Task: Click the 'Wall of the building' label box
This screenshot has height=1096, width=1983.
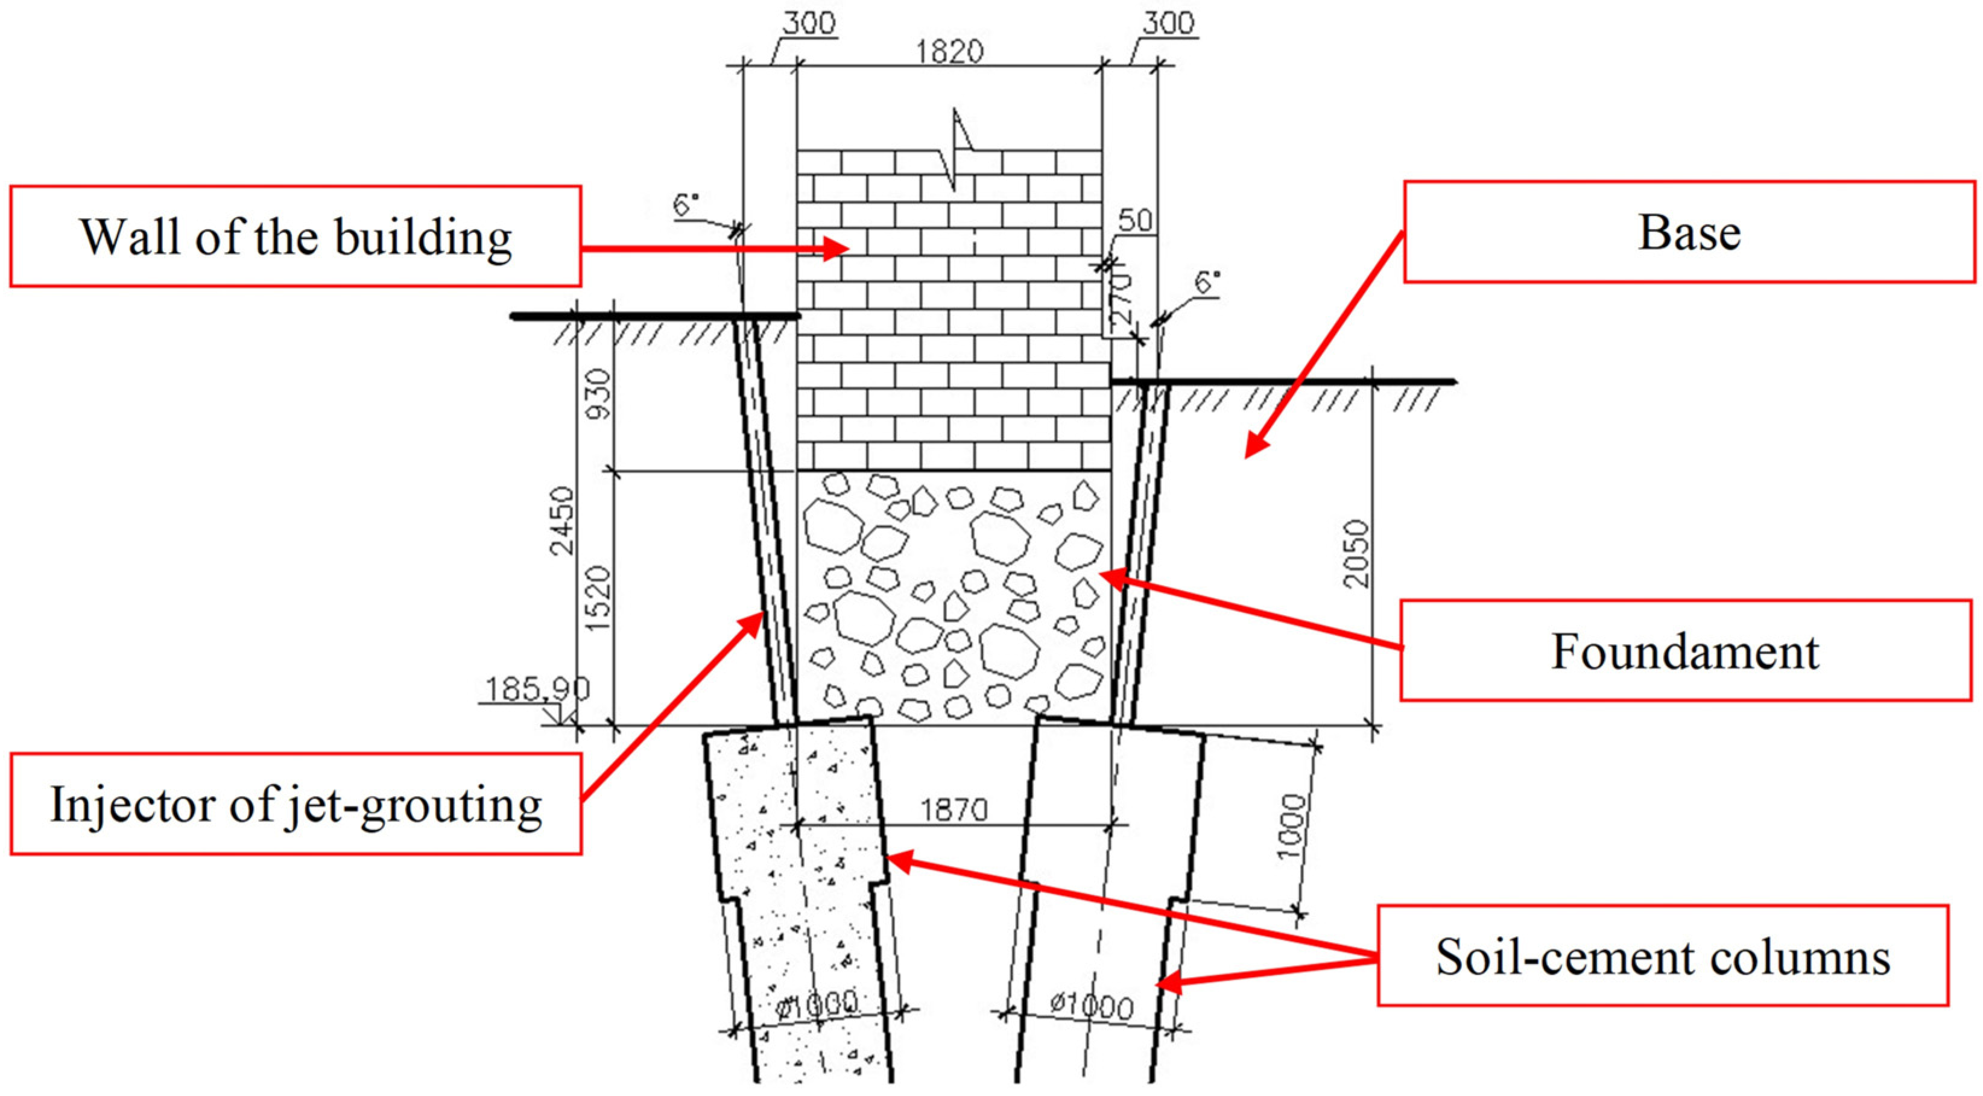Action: coord(295,236)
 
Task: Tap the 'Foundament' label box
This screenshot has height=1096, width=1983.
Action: coord(1685,651)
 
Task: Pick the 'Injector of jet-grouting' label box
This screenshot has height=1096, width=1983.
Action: coord(296,804)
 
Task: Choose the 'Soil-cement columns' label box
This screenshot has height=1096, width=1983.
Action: coord(1662,956)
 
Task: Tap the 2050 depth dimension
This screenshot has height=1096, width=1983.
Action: coord(1356,554)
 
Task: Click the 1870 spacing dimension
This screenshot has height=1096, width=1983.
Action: coord(954,809)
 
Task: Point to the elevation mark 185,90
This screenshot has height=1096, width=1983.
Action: coord(537,689)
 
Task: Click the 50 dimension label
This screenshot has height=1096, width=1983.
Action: coord(1134,221)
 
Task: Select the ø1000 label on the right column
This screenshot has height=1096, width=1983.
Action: coord(1092,1005)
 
